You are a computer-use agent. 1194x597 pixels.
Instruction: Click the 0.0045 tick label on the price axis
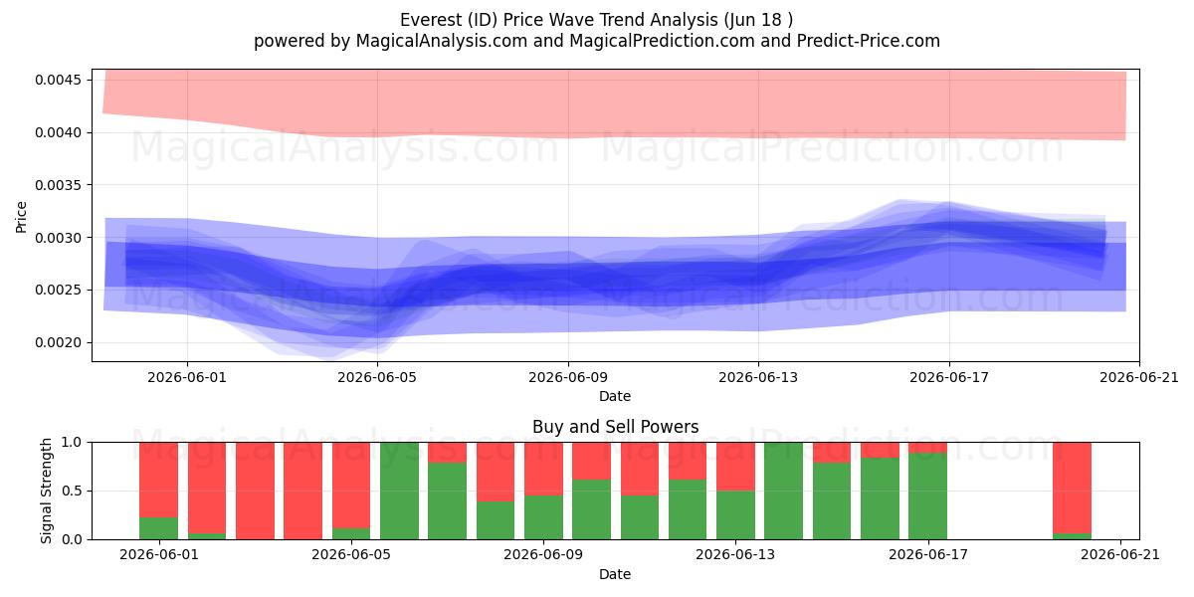pos(58,80)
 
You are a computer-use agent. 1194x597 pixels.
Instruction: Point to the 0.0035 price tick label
pos(58,185)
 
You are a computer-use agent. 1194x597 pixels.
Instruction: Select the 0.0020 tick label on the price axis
pos(58,342)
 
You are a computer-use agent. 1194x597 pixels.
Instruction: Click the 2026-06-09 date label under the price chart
pos(568,377)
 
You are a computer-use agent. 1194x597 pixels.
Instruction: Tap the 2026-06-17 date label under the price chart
pos(949,377)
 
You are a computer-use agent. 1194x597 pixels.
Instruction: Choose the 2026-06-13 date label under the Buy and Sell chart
pos(735,555)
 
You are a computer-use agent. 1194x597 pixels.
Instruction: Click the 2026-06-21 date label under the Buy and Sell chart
pos(1120,555)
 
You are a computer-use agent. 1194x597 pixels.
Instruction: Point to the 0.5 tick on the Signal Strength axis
pos(73,491)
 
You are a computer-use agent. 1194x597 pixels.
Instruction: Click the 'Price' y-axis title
pos(21,217)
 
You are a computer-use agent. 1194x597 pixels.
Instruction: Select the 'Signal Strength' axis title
pos(47,491)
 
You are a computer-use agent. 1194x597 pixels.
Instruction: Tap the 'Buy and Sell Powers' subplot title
pos(615,427)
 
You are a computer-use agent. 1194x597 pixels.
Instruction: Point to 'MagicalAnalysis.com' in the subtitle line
pos(442,41)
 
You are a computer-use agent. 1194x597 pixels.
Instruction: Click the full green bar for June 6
pos(399,491)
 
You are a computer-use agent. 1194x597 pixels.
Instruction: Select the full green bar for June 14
pos(784,491)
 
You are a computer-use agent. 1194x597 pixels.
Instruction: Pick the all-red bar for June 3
pos(256,491)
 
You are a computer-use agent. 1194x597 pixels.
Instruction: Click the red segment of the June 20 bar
pos(1072,488)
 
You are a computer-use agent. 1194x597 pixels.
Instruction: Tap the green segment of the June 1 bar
pos(159,528)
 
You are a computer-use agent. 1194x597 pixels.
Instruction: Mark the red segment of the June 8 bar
pos(496,472)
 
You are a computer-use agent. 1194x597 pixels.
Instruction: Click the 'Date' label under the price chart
pos(615,396)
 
